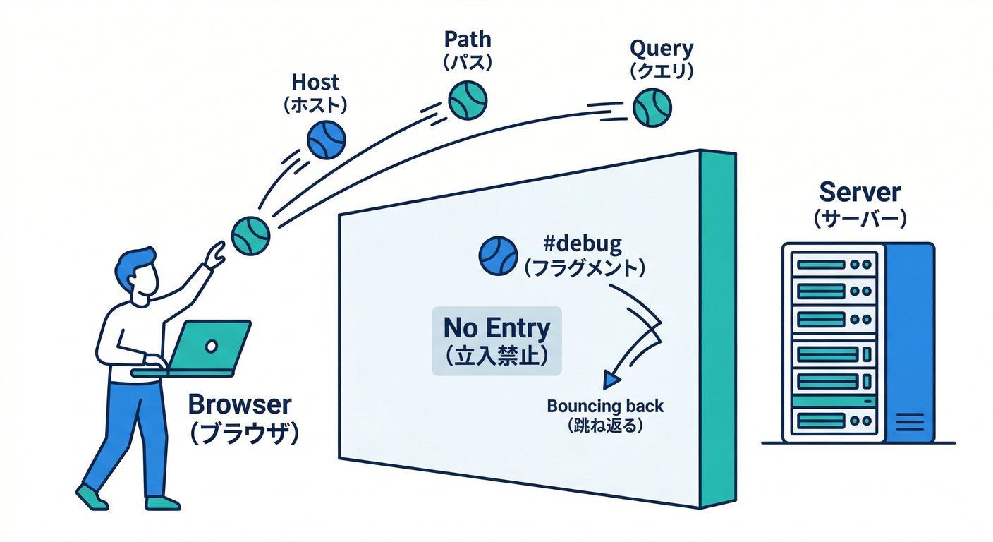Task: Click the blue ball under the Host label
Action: click(x=326, y=139)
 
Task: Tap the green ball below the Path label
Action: click(x=468, y=100)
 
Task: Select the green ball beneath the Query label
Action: click(x=652, y=108)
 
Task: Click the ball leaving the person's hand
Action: click(x=250, y=235)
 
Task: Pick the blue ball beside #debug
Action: click(x=499, y=255)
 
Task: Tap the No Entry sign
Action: click(x=496, y=341)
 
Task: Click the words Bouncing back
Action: click(x=605, y=406)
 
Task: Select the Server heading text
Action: click(x=860, y=192)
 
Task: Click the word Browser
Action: click(x=240, y=404)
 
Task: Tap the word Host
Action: click(x=315, y=83)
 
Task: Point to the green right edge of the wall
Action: click(x=719, y=325)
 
